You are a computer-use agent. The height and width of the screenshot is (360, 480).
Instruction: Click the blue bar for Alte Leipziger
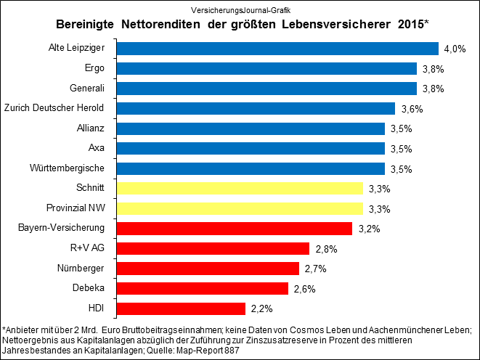pos(277,49)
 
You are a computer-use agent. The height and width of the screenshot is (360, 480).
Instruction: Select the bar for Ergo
pos(266,69)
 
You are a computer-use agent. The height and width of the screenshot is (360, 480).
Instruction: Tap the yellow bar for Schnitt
pos(239,189)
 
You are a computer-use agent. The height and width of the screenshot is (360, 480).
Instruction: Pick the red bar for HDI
pos(180,308)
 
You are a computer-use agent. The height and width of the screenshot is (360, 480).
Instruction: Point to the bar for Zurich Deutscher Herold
pos(255,109)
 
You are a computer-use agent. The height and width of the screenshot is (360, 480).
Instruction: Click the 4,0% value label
pos(454,49)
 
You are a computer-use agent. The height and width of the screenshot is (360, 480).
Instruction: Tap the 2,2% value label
pos(261,308)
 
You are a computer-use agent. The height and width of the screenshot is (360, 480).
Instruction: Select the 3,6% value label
pos(411,109)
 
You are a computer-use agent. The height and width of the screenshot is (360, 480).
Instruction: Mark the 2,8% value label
pos(325,249)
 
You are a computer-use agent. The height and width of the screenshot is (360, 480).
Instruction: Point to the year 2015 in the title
pos(410,25)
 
